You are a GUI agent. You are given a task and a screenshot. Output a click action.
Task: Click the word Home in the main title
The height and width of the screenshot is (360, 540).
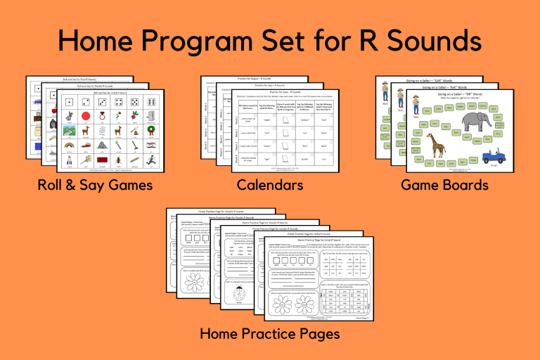tap(105, 40)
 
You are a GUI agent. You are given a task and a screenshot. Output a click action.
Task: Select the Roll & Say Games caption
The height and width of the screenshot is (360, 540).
tap(96, 186)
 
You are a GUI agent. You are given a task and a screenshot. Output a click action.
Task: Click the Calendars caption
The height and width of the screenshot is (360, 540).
tap(270, 186)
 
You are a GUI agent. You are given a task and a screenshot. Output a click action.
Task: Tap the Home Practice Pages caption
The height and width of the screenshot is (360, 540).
tap(269, 332)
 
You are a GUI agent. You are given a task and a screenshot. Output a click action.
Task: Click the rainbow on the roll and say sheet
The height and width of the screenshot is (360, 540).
tap(68, 146)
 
